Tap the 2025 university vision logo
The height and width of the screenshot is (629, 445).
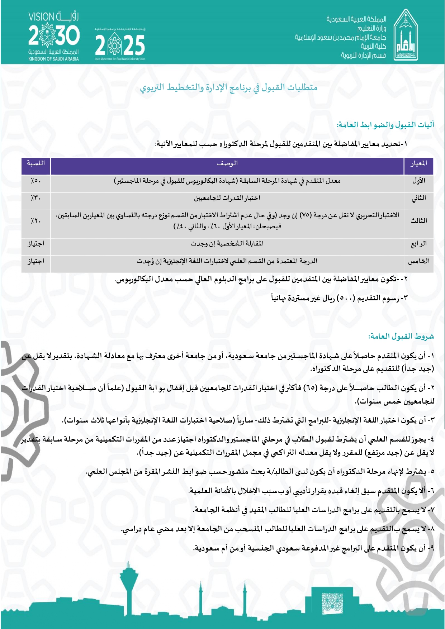pos(120,44)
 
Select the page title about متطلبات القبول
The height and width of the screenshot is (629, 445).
pos(229,87)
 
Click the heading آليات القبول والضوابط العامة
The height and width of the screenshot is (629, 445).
pos(385,125)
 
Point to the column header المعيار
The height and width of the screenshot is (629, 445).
pos(418,164)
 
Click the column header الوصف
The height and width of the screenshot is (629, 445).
pos(227,164)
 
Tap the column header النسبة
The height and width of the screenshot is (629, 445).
pos(36,163)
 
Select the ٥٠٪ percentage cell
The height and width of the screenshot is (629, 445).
pos(36,181)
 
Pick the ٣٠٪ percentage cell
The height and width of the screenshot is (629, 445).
pos(36,198)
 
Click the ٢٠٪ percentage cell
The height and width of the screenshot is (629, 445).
pos(36,221)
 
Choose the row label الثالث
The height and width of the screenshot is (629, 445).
pos(418,221)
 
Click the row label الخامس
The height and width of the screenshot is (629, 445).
pos(418,261)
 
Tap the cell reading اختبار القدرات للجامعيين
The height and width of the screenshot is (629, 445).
pos(227,198)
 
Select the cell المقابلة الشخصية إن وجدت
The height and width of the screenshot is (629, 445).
pos(227,244)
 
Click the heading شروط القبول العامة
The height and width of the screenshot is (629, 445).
pos(401,336)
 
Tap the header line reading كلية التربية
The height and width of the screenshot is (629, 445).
pos(373,46)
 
